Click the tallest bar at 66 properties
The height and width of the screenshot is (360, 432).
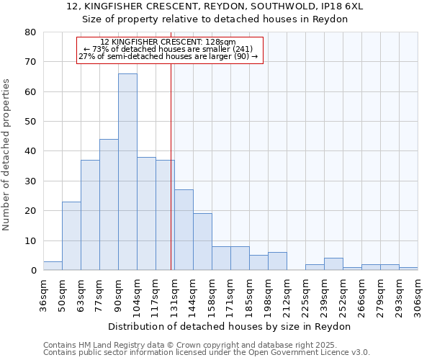pos(127,172)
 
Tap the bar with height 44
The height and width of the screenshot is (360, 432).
pos(109,205)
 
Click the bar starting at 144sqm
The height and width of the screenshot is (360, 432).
pos(202,242)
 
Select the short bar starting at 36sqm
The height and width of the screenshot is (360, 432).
pos(53,266)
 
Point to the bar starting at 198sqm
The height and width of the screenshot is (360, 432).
pos(277,261)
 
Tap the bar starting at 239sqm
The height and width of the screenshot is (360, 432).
pos(333,264)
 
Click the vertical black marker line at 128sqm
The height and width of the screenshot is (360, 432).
pos(171,144)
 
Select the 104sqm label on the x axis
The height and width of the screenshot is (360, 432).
pos(137,296)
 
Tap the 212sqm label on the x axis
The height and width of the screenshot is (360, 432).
pos(287,296)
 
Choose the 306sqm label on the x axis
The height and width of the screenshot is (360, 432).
pos(418,296)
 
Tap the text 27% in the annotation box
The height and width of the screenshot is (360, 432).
pos(86,56)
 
